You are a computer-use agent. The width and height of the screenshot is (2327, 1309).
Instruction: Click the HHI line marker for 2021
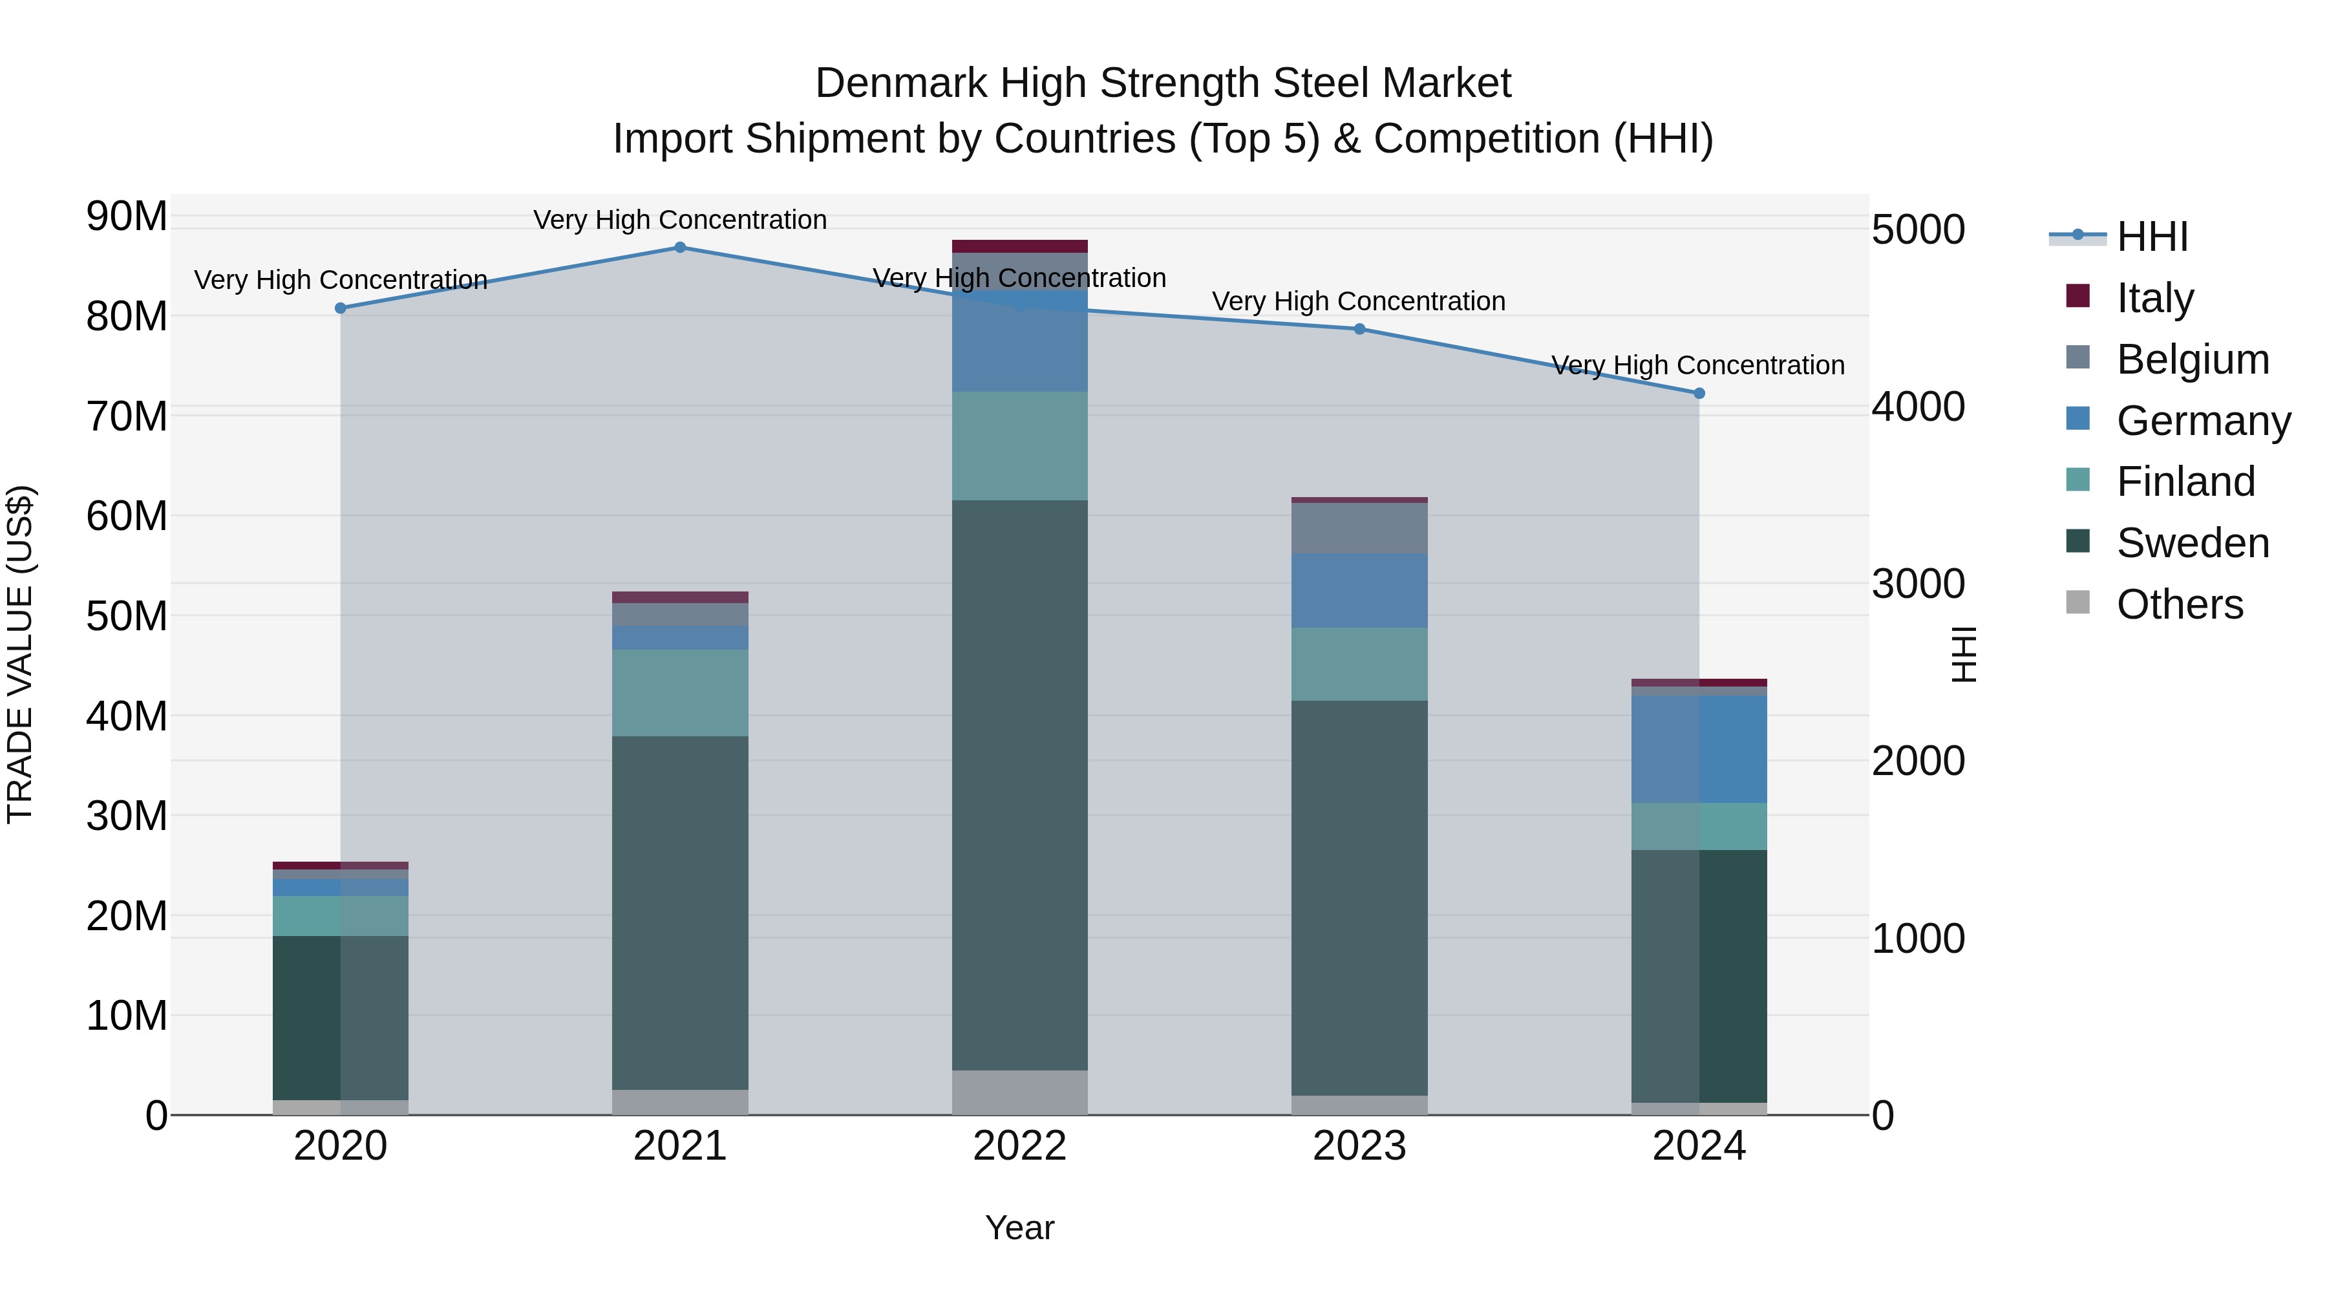(680, 248)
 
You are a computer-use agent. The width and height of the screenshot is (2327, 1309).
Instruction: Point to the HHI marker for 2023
(1359, 329)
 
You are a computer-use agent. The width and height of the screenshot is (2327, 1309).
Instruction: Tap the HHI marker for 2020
(341, 308)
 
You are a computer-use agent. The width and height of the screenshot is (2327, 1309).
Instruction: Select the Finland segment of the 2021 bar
(680, 693)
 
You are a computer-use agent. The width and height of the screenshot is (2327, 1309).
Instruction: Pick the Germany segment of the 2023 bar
(1359, 590)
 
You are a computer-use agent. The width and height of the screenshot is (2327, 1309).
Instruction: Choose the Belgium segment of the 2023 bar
(1359, 529)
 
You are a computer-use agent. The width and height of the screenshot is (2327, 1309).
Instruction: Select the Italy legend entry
(2154, 298)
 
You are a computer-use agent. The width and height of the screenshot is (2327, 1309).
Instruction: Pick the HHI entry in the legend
(2152, 237)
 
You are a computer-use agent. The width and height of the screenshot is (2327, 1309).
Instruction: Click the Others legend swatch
(2077, 602)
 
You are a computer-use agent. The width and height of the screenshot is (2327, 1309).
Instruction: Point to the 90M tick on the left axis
(127, 217)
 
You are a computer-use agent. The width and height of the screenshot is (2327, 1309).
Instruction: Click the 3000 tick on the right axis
(1917, 584)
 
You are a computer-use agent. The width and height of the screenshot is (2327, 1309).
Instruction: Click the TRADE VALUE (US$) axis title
(21, 654)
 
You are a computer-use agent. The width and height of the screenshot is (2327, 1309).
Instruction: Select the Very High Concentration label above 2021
(680, 220)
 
